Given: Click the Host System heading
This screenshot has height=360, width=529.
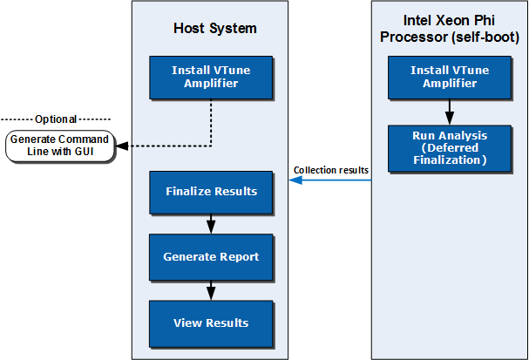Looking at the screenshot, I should (215, 29).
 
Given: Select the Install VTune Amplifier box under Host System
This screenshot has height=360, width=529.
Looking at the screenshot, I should (211, 77).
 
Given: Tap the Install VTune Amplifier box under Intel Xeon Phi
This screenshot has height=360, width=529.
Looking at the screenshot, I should (450, 77).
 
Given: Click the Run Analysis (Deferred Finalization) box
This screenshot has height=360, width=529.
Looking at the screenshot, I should (450, 147).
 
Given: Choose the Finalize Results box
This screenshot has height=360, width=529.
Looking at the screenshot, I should (211, 190).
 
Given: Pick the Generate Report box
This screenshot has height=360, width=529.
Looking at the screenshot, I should (211, 257).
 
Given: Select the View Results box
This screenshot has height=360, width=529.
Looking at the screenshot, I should (211, 323).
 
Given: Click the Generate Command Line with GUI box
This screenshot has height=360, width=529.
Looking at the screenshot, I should (60, 146).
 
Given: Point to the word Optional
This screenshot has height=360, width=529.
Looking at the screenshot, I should (56, 119).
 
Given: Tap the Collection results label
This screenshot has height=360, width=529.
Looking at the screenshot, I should (331, 170).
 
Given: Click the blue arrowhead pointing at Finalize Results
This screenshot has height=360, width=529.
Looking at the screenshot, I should (295, 180).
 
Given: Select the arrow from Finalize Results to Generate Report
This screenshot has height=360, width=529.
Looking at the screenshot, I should (211, 223).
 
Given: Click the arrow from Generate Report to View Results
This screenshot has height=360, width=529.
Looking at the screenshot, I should (211, 289).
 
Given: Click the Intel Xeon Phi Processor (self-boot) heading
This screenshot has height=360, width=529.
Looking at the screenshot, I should (450, 29).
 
